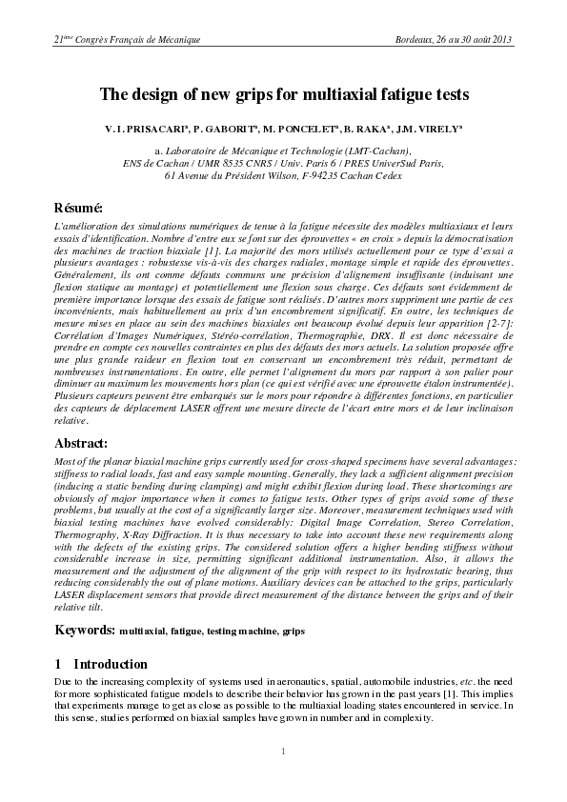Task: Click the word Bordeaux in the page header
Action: point(415,39)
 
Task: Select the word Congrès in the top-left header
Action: point(97,39)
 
